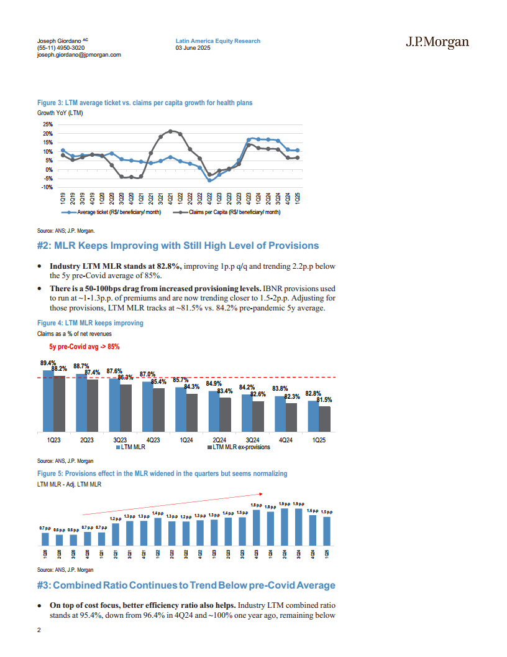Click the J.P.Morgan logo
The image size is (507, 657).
pyautogui.click(x=437, y=42)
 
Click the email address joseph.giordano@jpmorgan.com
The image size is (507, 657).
pyautogui.click(x=79, y=55)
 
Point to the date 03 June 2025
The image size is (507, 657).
pyautogui.click(x=193, y=48)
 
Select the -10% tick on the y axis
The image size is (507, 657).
pyautogui.click(x=48, y=187)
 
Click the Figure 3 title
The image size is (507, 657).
pyautogui.click(x=144, y=103)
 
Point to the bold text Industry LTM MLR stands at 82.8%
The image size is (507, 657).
pyautogui.click(x=115, y=266)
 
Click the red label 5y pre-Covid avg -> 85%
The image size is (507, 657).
pyautogui.click(x=84, y=347)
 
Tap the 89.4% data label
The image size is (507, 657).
pyautogui.click(x=48, y=363)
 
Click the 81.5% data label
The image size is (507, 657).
pyautogui.click(x=325, y=400)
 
